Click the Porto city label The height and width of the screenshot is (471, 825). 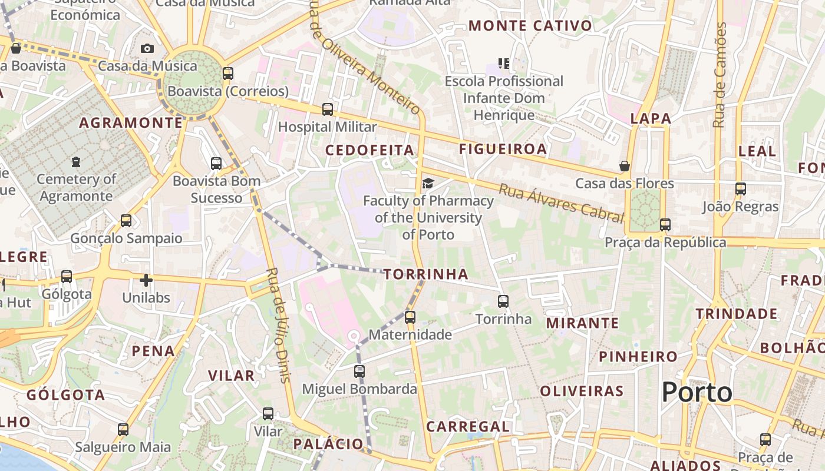pos(697,392)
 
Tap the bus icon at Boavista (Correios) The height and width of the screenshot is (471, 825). pos(227,74)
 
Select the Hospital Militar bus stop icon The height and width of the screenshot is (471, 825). pos(327,109)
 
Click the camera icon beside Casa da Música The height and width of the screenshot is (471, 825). pos(147,48)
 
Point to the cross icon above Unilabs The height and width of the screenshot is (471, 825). pos(146,280)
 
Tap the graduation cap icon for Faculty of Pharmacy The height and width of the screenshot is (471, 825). pos(428,183)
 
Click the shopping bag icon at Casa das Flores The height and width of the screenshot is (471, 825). pos(625,166)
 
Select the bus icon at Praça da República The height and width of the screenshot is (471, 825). pos(665,224)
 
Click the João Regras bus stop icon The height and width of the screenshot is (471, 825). pos(741,189)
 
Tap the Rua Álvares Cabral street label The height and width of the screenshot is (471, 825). pos(560,202)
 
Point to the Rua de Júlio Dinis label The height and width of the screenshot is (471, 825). pos(279,325)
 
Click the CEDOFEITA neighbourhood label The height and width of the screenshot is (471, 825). pos(369,150)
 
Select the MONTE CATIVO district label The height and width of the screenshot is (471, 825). pos(530,25)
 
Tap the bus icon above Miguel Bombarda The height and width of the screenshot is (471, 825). pos(359,372)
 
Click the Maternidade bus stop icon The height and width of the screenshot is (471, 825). pos(410,317)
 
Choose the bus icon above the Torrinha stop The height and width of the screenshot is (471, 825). pos(503,301)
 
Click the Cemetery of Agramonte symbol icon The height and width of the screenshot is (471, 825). pos(75,161)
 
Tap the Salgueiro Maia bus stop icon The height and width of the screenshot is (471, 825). pos(123,429)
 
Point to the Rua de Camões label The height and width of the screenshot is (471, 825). pos(719,75)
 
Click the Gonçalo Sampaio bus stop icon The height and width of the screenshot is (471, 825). pos(126,221)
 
